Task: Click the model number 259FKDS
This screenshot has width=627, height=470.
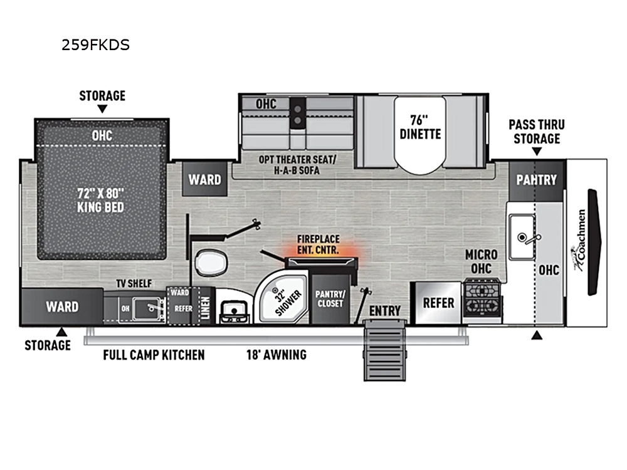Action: [x=95, y=44]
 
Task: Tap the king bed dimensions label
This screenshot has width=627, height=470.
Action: [x=101, y=201]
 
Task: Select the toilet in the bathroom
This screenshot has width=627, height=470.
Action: [x=211, y=262]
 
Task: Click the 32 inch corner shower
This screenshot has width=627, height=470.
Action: [x=283, y=297]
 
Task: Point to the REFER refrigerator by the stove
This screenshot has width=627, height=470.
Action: [x=438, y=303]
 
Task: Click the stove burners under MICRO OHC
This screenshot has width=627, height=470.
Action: [x=482, y=297]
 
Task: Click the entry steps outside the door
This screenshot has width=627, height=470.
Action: [x=385, y=350]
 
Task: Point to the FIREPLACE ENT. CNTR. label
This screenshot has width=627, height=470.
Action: [x=319, y=244]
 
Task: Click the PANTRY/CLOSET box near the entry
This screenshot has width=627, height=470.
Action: [x=330, y=299]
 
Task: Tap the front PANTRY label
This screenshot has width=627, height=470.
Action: [x=536, y=180]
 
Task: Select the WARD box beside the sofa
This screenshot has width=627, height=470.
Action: [x=205, y=179]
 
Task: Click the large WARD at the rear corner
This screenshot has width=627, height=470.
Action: [x=62, y=306]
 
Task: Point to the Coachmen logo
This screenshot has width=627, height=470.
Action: [x=579, y=241]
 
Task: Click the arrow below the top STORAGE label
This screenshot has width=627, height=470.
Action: [x=102, y=108]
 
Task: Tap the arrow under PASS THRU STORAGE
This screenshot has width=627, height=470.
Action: [x=537, y=152]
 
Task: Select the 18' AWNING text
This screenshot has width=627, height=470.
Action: [x=277, y=355]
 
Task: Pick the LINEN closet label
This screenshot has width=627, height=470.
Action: [x=205, y=308]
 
